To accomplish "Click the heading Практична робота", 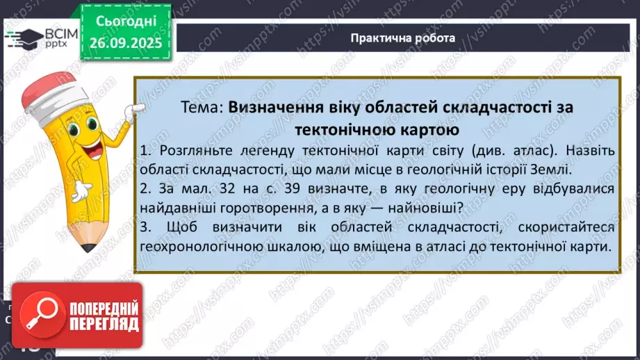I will click(403, 38).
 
